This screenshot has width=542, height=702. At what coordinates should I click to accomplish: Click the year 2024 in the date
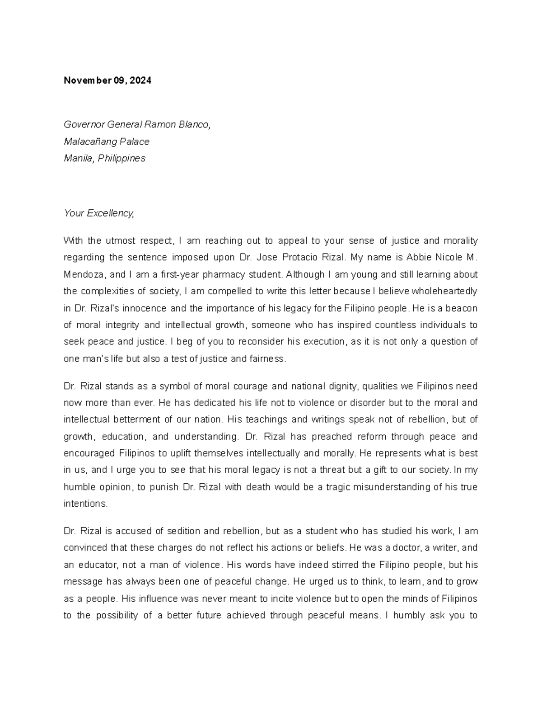[142, 81]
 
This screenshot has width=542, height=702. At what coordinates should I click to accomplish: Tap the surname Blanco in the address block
[195, 124]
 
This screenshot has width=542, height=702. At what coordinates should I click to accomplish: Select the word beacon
[462, 308]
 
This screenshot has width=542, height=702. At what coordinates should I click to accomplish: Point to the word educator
[94, 565]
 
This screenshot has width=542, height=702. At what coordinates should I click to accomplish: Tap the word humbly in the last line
[408, 615]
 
